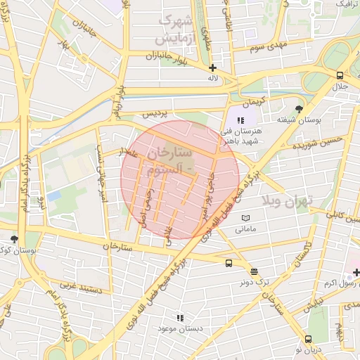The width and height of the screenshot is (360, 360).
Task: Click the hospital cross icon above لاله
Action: coord(213,67)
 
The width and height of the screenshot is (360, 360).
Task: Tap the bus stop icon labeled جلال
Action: coord(340,75)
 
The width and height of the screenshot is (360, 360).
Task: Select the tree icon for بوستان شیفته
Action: coord(300,109)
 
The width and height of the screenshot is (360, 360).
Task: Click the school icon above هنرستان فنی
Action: coord(240,120)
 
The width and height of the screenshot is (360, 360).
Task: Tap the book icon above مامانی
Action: coord(245,218)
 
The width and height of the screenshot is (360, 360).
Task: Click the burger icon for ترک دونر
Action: coord(254,271)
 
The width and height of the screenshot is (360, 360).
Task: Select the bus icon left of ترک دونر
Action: coord(229,264)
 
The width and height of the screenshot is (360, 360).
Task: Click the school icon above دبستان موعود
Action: coord(180,317)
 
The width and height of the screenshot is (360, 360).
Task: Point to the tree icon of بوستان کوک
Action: coord(14,239)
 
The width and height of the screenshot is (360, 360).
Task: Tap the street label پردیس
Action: coord(155,112)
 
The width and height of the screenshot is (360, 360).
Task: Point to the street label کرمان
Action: coord(253,101)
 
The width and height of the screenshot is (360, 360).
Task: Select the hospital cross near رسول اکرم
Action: coord(356,271)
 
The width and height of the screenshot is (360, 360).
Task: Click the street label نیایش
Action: coord(314,303)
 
